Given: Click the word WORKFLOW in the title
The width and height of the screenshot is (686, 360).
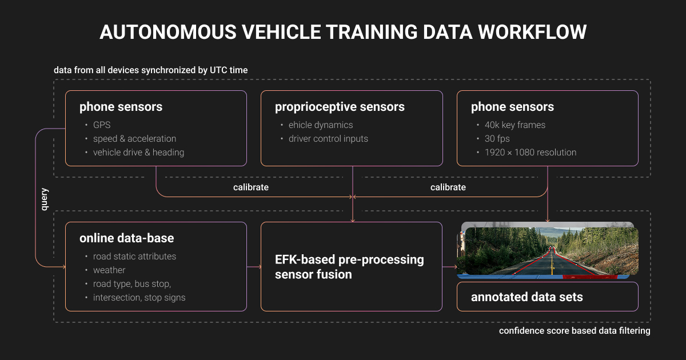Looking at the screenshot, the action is (x=532, y=32).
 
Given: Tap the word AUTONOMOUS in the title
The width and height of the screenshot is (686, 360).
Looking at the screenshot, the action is (x=168, y=32).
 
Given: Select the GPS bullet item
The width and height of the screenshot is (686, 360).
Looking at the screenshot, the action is (x=102, y=125).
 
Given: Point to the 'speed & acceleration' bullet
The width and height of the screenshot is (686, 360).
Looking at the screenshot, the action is (x=134, y=139).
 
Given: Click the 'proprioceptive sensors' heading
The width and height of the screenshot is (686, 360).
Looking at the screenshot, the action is (x=340, y=107).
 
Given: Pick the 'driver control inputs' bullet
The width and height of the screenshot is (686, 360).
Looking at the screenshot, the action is (x=328, y=139).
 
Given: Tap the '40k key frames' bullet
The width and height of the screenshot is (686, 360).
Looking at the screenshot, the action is (x=515, y=125).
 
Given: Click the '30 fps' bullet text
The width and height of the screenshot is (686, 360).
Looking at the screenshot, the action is (x=497, y=139).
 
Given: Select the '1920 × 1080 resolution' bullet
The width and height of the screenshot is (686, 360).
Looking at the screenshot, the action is (x=531, y=153).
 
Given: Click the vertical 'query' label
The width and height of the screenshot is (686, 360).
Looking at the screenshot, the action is (x=45, y=199).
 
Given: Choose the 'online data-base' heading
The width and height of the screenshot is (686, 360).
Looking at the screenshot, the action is (x=126, y=238).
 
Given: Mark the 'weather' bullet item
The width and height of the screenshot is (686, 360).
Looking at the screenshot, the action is (x=109, y=270).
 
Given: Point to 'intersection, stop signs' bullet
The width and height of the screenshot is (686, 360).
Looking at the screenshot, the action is (x=139, y=298).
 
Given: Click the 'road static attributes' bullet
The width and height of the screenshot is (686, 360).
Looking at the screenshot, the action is (x=134, y=256).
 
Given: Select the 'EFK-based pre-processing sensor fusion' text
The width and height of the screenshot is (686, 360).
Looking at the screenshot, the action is (x=349, y=267).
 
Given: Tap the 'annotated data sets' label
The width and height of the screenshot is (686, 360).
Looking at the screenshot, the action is (x=527, y=297).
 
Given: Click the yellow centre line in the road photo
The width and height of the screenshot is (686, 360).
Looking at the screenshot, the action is (x=552, y=261).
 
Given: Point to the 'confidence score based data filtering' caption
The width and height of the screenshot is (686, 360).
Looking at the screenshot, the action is (x=575, y=331).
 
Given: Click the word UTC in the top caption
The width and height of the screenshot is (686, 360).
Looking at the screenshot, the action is (x=217, y=70).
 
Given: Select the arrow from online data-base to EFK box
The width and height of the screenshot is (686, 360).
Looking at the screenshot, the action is (x=254, y=267).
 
